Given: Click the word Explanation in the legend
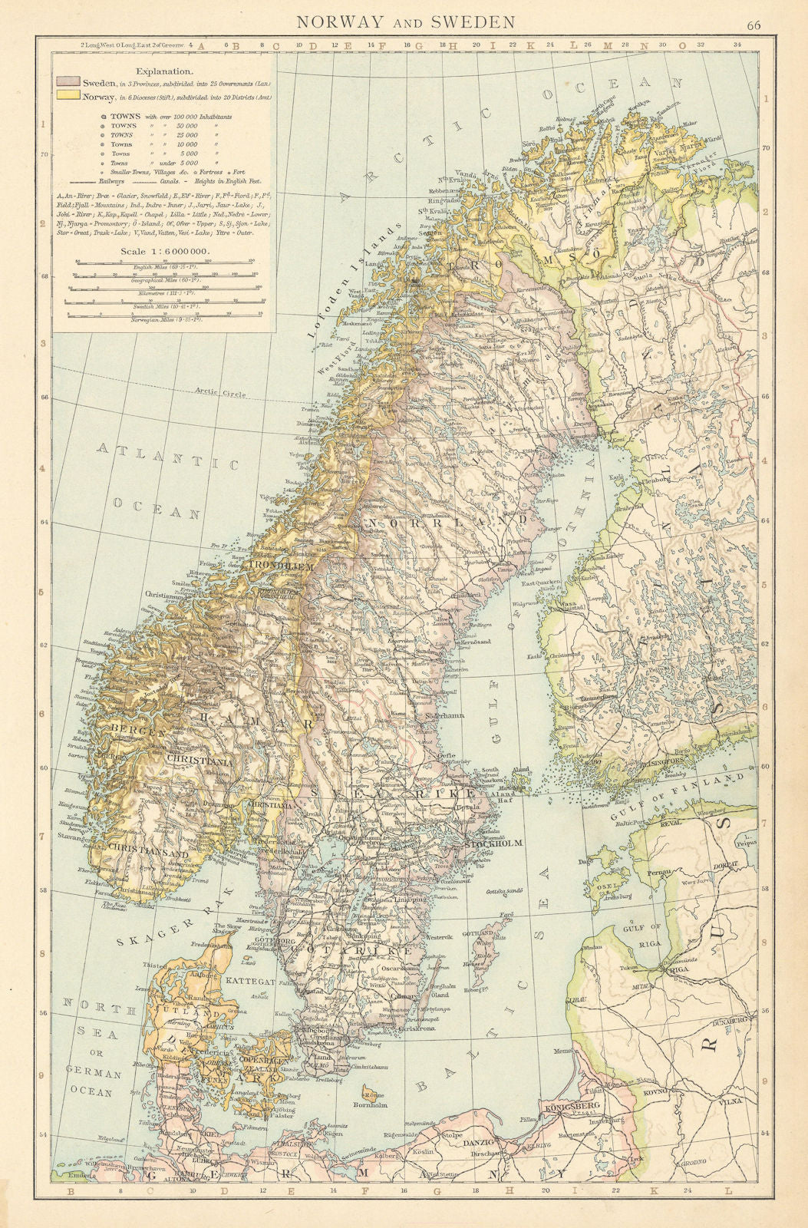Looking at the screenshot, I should click(161, 68).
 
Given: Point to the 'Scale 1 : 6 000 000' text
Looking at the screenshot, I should click(161, 250).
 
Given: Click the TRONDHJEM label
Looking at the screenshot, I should click(282, 566).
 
